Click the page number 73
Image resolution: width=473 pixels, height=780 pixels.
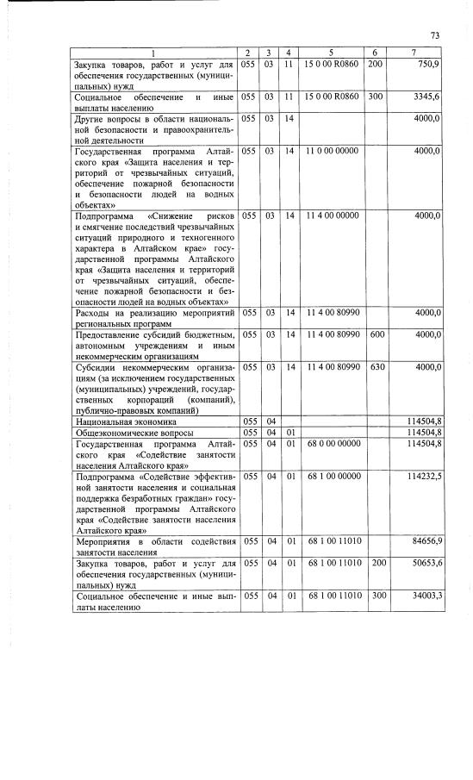click(x=435, y=35)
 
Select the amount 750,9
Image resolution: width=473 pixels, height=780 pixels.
click(x=428, y=65)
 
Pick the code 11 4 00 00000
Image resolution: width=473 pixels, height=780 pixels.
click(x=332, y=215)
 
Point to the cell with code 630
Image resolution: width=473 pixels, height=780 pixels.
click(x=376, y=367)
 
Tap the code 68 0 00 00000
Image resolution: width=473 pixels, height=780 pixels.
click(x=332, y=444)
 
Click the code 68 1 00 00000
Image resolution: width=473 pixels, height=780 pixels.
click(x=332, y=476)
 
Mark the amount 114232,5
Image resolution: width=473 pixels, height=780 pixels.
click(x=424, y=476)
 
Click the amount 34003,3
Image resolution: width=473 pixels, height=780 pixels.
click(x=426, y=596)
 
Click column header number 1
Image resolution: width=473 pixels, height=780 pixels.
click(x=154, y=53)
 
